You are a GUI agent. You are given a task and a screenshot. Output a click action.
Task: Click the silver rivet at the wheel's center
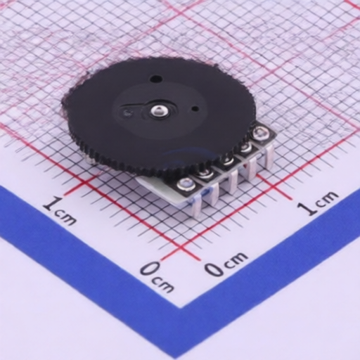[x=159, y=110]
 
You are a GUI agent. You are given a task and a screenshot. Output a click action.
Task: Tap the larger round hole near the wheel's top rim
[x=155, y=78]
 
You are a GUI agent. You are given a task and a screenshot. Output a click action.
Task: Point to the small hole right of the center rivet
[x=195, y=109]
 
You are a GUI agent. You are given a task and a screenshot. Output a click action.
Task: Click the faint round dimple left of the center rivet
[x=127, y=112]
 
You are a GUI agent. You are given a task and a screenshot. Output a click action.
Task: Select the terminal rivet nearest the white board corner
[x=186, y=184]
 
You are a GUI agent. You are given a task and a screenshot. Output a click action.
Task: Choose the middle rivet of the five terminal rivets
[x=226, y=161]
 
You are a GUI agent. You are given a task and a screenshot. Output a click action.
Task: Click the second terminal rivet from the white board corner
[x=205, y=173]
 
